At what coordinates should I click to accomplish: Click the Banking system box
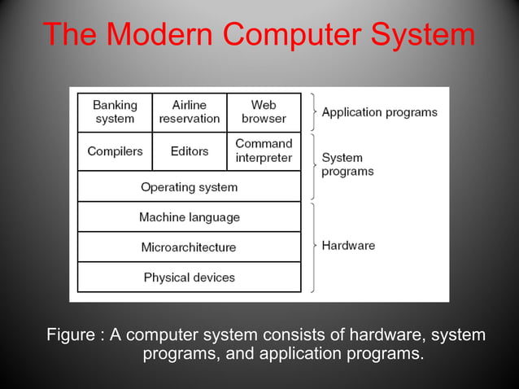click(x=115, y=112)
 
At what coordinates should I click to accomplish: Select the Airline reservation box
click(x=190, y=112)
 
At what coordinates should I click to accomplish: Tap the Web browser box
click(x=264, y=112)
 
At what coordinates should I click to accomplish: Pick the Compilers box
click(x=115, y=151)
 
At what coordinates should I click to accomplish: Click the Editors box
click(x=190, y=151)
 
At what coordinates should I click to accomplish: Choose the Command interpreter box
click(x=264, y=151)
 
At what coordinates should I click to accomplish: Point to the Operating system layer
click(x=189, y=187)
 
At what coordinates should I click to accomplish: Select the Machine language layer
click(x=189, y=217)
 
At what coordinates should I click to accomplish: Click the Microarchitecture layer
click(x=189, y=247)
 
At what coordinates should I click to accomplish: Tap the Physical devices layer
click(x=189, y=278)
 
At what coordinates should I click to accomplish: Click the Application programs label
click(x=379, y=112)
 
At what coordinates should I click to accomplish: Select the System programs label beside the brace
click(x=347, y=164)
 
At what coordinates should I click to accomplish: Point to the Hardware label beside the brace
click(x=348, y=245)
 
